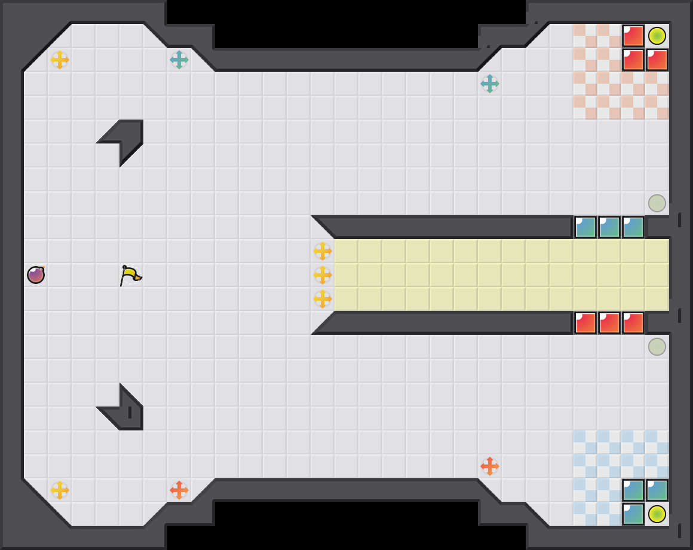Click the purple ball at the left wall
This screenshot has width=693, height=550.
[36, 275]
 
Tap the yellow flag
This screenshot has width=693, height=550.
[130, 275]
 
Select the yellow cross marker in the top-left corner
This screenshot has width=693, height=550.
[60, 60]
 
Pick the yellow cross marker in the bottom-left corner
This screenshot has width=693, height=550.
[60, 490]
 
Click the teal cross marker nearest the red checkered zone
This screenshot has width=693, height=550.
[490, 84]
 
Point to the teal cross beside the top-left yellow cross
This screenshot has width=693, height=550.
[179, 60]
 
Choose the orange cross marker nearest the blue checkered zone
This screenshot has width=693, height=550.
[490, 466]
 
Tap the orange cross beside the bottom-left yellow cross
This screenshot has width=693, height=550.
[179, 490]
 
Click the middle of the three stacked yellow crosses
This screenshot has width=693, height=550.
[323, 275]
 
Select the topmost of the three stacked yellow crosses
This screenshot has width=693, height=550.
[323, 251]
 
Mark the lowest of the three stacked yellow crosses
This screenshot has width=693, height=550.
[323, 299]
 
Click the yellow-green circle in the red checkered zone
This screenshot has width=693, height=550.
[657, 36]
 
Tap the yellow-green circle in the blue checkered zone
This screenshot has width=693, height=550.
[657, 514]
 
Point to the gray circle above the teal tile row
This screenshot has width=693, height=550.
[657, 203]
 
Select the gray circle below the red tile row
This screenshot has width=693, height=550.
[657, 347]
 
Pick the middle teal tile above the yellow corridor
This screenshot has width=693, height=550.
[609, 227]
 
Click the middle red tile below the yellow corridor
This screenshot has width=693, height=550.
[609, 323]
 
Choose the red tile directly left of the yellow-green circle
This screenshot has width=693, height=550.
[633, 36]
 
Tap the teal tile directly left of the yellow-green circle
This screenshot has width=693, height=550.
[633, 514]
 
